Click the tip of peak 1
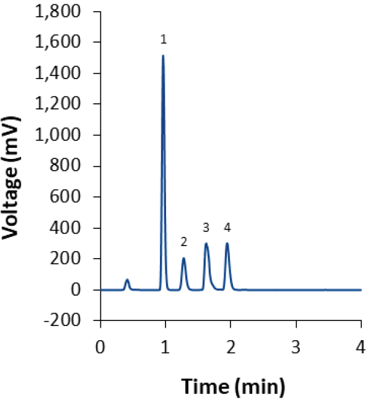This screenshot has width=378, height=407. [x=163, y=56]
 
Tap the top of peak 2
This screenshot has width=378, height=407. [x=183, y=259]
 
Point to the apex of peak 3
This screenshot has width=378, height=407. [x=206, y=244]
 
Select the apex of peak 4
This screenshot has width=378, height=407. [x=227, y=243]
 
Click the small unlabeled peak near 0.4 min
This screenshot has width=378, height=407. [x=127, y=280]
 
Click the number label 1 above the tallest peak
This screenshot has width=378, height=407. [x=163, y=40]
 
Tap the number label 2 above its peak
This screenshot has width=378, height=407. [x=183, y=241]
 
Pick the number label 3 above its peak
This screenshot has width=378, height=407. [x=206, y=227]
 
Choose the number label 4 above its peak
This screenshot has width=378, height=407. [x=227, y=227]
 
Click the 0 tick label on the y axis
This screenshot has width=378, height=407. [x=87, y=290]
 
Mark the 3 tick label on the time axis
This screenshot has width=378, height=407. [x=296, y=346]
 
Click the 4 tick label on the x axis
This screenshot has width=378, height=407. [x=361, y=346]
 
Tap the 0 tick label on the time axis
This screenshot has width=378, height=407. [x=100, y=346]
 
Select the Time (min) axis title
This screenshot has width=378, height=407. [x=233, y=388]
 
